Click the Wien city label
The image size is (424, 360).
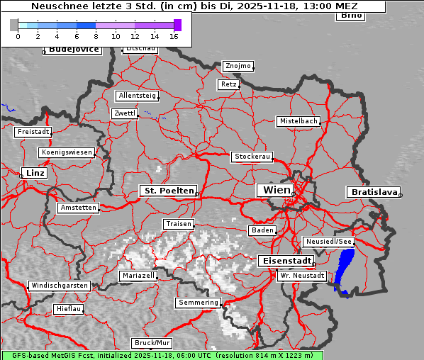(x=277, y=190)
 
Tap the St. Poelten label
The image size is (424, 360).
(x=168, y=191)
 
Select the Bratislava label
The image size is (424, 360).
(x=372, y=192)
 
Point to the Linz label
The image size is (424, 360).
(x=33, y=173)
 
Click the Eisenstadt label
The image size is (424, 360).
(x=286, y=261)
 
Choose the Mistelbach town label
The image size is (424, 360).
(x=298, y=121)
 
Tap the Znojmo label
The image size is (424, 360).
(x=238, y=66)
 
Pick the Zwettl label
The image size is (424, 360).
(x=124, y=113)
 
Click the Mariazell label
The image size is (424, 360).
(x=138, y=275)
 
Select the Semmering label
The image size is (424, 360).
(x=198, y=303)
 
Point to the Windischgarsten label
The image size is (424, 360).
(x=60, y=286)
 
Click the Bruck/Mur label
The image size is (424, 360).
(x=152, y=343)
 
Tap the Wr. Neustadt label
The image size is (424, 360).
(x=302, y=275)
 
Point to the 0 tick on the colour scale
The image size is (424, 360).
(x=18, y=36)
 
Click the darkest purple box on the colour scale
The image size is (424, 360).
(x=177, y=25)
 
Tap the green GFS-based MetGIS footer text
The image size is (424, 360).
(x=162, y=355)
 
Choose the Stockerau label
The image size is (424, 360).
(x=252, y=156)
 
